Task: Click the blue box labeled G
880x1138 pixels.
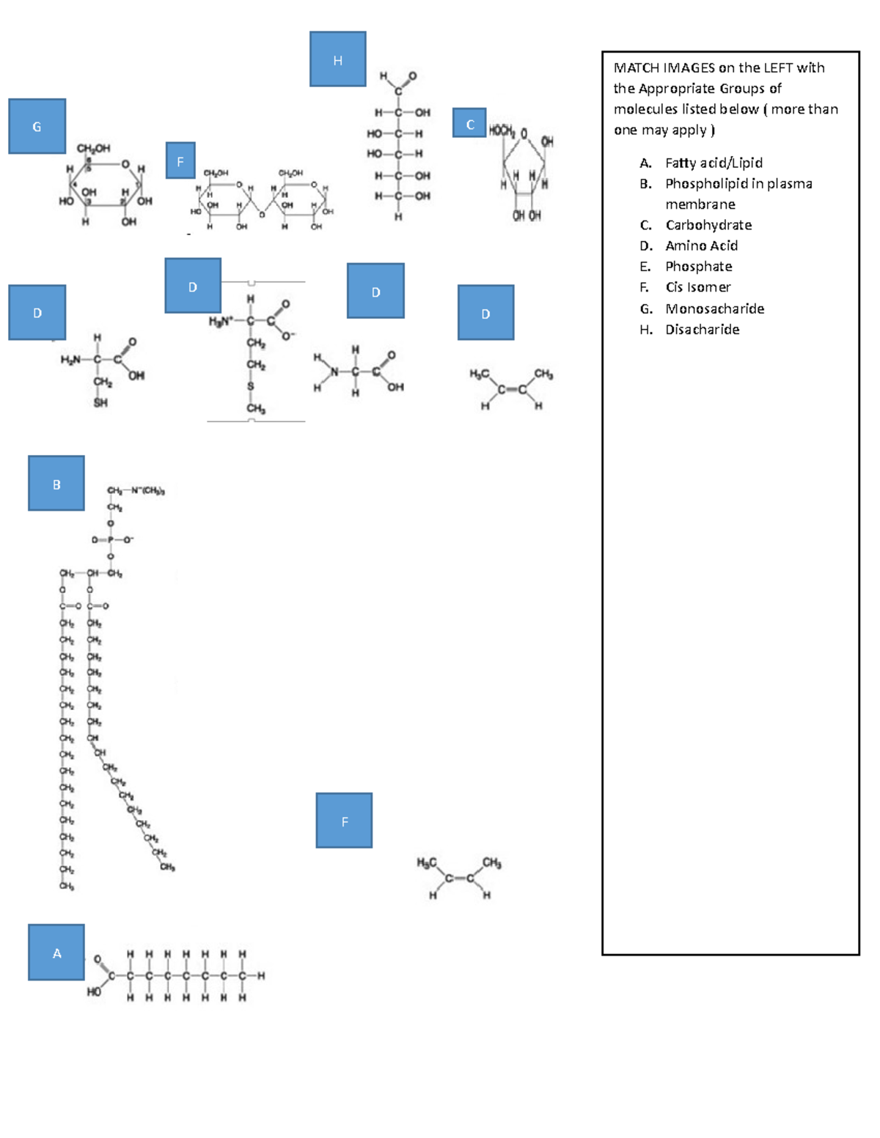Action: [x=37, y=126]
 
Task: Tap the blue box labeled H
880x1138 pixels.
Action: [x=337, y=59]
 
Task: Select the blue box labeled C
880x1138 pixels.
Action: [x=469, y=123]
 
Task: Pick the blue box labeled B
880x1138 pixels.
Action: [x=56, y=484]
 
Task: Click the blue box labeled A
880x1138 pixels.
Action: [x=56, y=953]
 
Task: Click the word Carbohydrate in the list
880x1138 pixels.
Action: [x=708, y=225]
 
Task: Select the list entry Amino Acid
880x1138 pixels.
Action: [x=701, y=245]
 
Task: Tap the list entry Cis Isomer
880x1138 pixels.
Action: [x=697, y=287]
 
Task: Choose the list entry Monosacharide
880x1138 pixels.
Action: [x=714, y=308]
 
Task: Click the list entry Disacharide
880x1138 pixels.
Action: [x=702, y=330]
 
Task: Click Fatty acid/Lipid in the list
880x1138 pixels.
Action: [x=714, y=163]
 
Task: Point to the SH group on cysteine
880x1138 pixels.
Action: [x=100, y=402]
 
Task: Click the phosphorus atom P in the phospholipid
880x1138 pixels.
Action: [x=111, y=540]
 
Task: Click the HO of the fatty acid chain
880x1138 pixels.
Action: [x=94, y=991]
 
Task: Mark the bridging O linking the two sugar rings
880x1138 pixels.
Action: [x=262, y=215]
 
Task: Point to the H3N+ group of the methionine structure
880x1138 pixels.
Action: [x=221, y=321]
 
